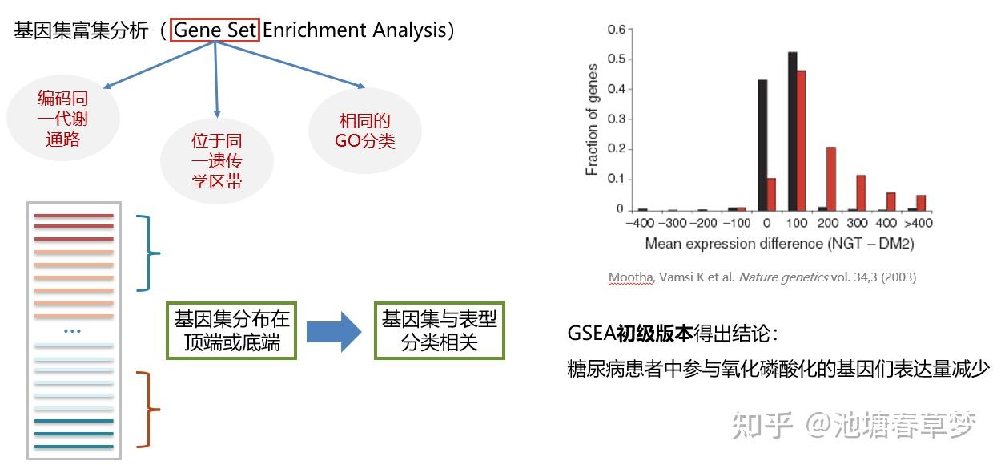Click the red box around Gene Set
(215, 31)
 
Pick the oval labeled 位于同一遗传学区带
(216, 161)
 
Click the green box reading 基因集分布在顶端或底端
(231, 330)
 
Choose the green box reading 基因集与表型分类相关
(439, 330)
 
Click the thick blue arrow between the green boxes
(335, 330)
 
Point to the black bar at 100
(792, 130)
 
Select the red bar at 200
(830, 178)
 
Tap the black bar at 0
(762, 144)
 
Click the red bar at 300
(861, 192)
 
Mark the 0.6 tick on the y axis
(616, 30)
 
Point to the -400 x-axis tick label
(640, 223)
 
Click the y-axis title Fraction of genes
(592, 119)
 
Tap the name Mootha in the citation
(630, 277)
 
